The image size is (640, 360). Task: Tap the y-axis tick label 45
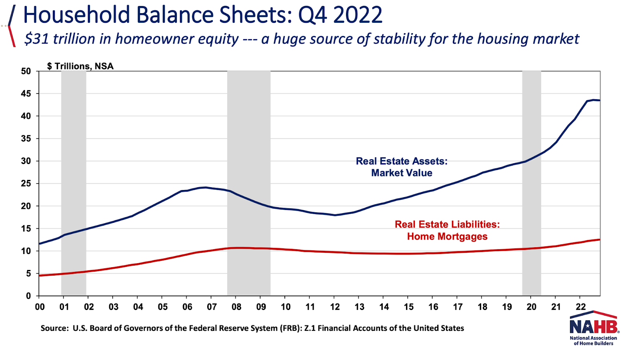coord(26,94)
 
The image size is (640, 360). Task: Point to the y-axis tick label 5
coord(28,274)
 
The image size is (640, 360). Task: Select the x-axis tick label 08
coord(236,307)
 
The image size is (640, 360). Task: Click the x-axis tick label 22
coord(580,307)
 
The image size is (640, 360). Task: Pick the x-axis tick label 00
coord(40,307)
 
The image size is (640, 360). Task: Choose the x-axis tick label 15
coord(408,307)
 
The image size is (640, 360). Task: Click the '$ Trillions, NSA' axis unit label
coord(80,66)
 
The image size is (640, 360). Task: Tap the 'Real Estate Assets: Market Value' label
coord(402,167)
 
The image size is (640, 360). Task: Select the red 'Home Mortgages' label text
coord(447,236)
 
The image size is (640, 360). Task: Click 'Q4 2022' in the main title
coord(340,15)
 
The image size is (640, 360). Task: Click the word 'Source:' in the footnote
coord(55,328)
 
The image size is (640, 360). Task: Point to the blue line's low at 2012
coord(335,215)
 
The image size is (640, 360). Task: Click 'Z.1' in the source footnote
coord(310,328)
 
